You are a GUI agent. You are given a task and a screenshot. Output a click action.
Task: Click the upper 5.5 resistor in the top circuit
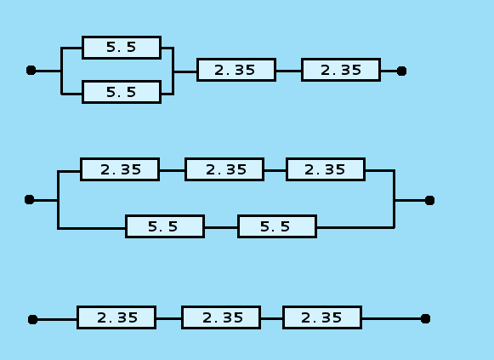(x=122, y=48)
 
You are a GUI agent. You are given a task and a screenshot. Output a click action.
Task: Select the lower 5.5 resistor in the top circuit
(x=122, y=92)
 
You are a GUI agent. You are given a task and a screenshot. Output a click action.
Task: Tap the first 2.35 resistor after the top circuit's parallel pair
(x=236, y=70)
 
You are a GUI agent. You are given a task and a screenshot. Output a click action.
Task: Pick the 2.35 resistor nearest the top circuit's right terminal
(x=341, y=70)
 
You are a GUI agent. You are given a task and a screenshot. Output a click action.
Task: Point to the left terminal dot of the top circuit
(x=31, y=70)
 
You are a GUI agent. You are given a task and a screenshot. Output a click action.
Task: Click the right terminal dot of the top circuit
(x=401, y=71)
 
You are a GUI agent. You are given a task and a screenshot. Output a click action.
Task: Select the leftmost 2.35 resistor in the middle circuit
(x=120, y=169)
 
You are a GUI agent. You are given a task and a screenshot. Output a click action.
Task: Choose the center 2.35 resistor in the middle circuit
(x=224, y=169)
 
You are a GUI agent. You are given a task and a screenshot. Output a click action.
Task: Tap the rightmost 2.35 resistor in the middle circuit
(x=326, y=169)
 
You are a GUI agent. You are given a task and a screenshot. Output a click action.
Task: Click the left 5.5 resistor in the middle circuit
(x=165, y=226)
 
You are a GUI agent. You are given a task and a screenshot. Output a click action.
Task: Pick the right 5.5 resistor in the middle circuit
(x=277, y=226)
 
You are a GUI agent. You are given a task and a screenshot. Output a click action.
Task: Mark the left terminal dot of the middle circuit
(x=29, y=199)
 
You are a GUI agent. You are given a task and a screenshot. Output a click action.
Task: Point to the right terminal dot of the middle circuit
(x=429, y=200)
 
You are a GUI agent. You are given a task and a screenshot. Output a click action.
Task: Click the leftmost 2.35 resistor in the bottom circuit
(x=116, y=317)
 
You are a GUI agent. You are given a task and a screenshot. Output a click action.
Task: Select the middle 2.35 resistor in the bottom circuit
(x=221, y=317)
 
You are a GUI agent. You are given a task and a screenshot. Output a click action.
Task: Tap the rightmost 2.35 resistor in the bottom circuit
(x=322, y=317)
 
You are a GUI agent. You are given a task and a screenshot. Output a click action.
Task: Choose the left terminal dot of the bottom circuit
(x=33, y=319)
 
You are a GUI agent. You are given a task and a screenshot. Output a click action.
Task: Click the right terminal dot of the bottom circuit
(x=425, y=318)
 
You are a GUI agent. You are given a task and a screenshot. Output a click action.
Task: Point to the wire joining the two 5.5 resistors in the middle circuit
(x=221, y=227)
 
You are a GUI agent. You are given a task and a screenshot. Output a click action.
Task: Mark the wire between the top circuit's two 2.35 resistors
(x=288, y=71)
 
